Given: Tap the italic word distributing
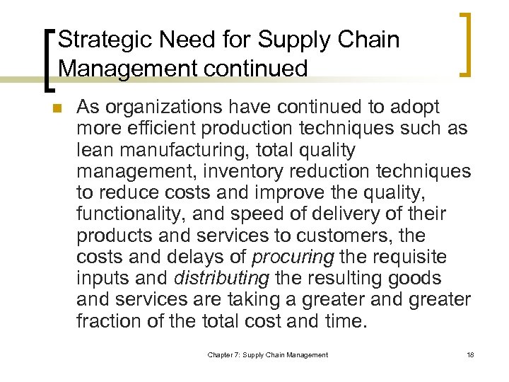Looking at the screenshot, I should coord(218,278).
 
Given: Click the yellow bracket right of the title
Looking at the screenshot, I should coord(466,44).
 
